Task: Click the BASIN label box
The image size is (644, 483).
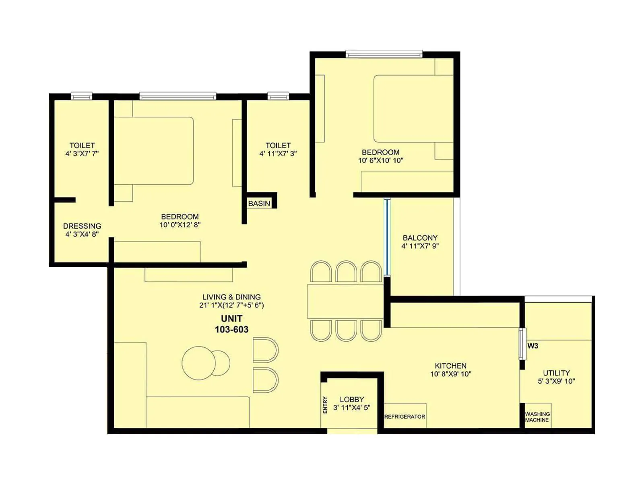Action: (260, 203)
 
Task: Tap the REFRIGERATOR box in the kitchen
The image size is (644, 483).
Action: (405, 417)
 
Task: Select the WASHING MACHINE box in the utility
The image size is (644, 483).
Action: (537, 417)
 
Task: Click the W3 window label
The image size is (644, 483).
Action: (533, 346)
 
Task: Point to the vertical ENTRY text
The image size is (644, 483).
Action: (325, 405)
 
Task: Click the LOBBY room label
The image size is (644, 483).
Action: (352, 399)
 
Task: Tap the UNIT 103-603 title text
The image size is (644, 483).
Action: (231, 324)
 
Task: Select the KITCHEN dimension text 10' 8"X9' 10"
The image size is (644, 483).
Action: (450, 374)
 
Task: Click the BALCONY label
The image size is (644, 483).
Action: (420, 238)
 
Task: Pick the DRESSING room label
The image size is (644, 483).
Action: (82, 226)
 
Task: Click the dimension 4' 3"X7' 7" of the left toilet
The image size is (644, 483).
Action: (82, 153)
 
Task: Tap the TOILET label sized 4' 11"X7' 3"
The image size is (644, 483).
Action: (278, 145)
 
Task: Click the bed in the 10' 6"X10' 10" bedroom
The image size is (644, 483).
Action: (413, 109)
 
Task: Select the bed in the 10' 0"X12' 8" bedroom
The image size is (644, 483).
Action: (154, 151)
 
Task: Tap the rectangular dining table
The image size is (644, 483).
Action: (345, 301)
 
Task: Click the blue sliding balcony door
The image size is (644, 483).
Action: (387, 237)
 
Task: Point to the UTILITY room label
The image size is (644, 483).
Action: (556, 373)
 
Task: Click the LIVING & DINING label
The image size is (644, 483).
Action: (231, 297)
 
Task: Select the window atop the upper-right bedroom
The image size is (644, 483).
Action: (384, 54)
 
